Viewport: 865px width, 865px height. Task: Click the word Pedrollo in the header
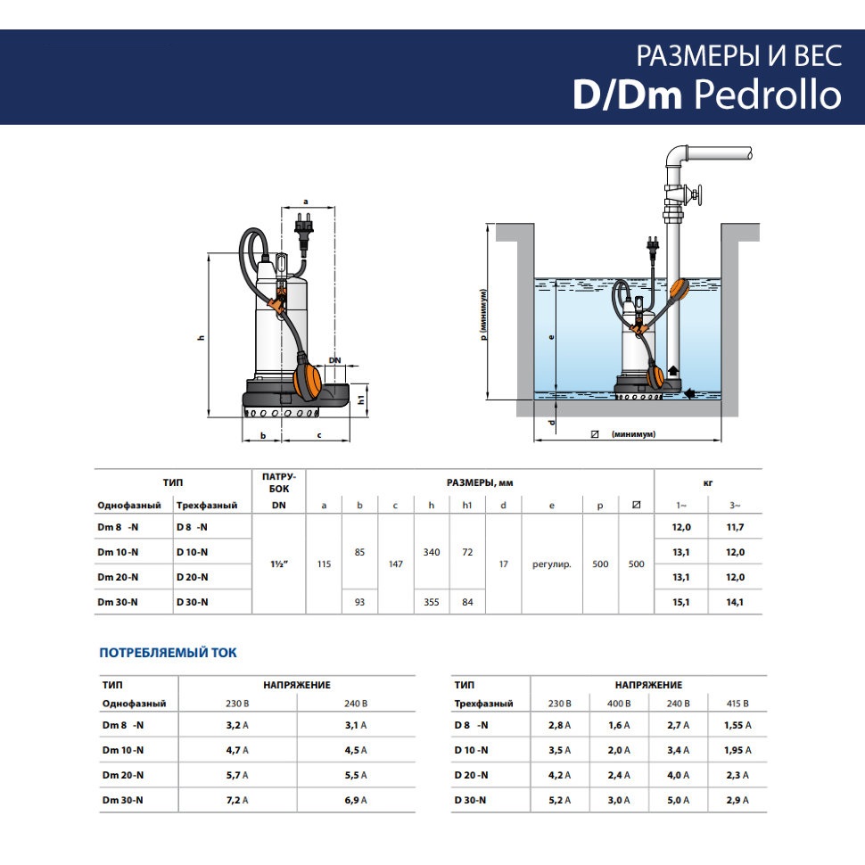[x=768, y=95]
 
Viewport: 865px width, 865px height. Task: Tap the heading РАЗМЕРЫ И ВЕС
[x=739, y=55]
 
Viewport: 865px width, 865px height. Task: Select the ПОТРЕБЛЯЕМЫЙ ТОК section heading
[x=168, y=653]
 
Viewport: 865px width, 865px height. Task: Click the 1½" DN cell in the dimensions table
[x=279, y=564]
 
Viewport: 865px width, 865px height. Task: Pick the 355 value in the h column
[x=432, y=602]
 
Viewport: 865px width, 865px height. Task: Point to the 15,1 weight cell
[x=680, y=602]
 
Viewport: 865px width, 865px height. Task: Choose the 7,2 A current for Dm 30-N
[x=237, y=800]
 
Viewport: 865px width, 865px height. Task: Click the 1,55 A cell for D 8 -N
[x=737, y=725]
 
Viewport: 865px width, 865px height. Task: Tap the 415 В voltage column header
[x=737, y=704]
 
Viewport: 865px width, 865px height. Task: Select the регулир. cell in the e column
[x=552, y=564]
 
